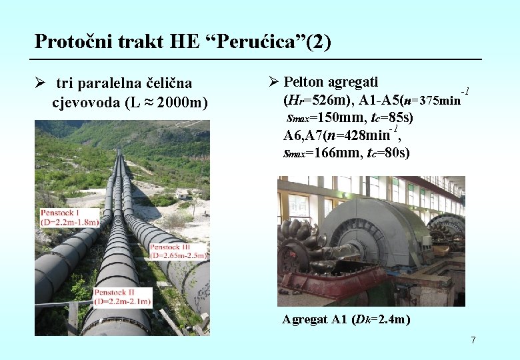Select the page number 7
pos(473,341)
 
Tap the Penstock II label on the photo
pos(123,297)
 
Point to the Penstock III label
pos(178,251)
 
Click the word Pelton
pos(306,82)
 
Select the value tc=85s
pos(389,118)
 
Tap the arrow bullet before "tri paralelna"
pos(41,83)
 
